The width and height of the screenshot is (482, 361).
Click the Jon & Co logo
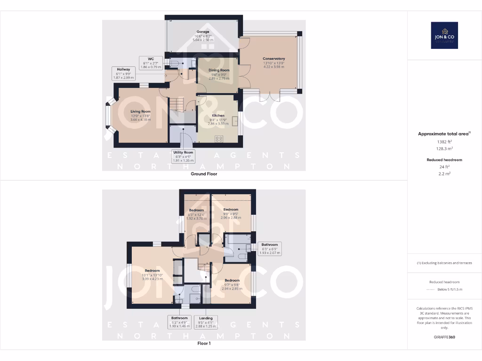[x=444, y=35]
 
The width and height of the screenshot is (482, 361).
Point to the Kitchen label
[x=218, y=118]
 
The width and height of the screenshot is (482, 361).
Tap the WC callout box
[x=152, y=63]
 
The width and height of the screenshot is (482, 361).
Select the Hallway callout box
[x=123, y=73]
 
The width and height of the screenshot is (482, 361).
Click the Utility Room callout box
[x=183, y=157]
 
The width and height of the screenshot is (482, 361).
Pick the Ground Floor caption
[x=203, y=174]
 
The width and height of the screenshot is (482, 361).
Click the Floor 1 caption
[x=204, y=344]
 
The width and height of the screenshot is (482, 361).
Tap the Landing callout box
[x=206, y=322]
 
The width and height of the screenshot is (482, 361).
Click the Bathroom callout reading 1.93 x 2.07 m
[x=270, y=249]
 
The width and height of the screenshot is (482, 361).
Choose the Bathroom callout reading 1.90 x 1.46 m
[x=179, y=322]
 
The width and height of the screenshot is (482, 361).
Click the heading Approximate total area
[x=444, y=134]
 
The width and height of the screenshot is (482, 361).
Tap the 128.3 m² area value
[x=444, y=148]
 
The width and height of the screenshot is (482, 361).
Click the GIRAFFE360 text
[x=444, y=337]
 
